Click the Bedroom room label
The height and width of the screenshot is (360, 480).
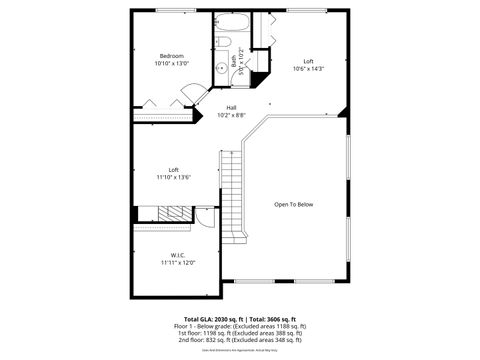pos(170,55)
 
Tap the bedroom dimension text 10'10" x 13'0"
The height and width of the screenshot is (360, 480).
pos(170,63)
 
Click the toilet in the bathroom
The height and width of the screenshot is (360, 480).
pos(224,42)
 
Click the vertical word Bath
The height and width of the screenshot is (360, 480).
pos(234,61)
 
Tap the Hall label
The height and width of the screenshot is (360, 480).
pos(231,107)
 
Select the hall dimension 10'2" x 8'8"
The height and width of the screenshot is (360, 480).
pos(231,115)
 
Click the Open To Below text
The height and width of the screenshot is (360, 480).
pos(294,204)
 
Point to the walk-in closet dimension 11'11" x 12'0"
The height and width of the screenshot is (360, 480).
pos(177,262)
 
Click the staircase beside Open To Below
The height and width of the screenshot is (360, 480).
pos(233,195)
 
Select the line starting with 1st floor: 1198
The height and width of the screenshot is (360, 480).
pos(240,333)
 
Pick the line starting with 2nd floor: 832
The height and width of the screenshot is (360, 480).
pos(240,340)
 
